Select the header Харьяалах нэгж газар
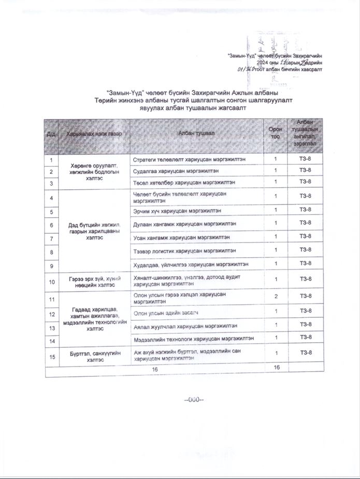coord(94,134)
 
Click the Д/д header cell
coord(51,134)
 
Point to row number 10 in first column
coord(52,282)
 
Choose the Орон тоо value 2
coord(276,296)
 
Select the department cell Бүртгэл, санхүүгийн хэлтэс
coord(94,356)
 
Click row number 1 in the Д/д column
coord(52,159)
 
